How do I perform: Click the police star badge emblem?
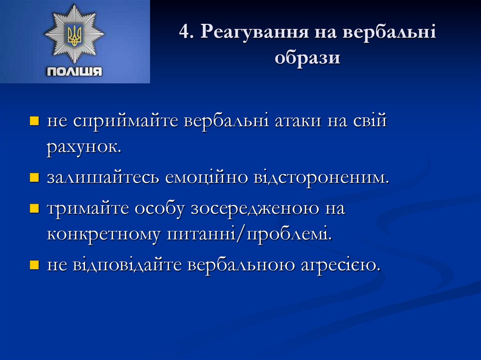click(74, 34)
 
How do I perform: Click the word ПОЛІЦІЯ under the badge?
click(74, 72)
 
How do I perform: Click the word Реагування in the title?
click(248, 34)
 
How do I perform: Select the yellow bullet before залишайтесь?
click(34, 179)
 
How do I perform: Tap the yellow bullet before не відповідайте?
click(34, 265)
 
